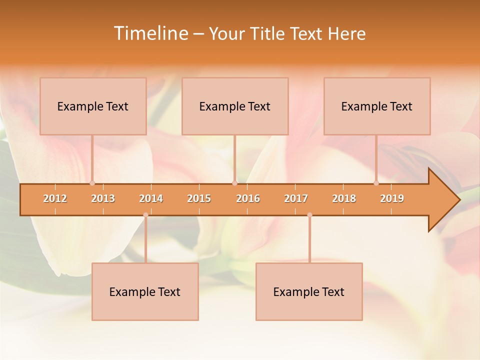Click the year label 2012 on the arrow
[x=55, y=198]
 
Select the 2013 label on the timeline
[x=103, y=198]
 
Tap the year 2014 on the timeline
[x=151, y=198]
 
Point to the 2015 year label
[x=199, y=198]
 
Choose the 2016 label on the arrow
[x=248, y=198]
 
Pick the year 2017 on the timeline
[x=296, y=198]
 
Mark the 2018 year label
[x=344, y=198]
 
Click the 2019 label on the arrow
[x=392, y=198]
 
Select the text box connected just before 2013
[x=93, y=106]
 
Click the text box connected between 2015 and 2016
[x=235, y=106]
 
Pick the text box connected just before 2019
[x=377, y=106]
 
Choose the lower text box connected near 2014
[x=145, y=291]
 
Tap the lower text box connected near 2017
[x=309, y=291]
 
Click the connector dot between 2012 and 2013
[x=92, y=183]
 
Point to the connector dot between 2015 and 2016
[x=234, y=183]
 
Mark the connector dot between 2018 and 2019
[x=376, y=183]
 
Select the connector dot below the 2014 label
[x=145, y=215]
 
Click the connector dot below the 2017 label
[x=309, y=215]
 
